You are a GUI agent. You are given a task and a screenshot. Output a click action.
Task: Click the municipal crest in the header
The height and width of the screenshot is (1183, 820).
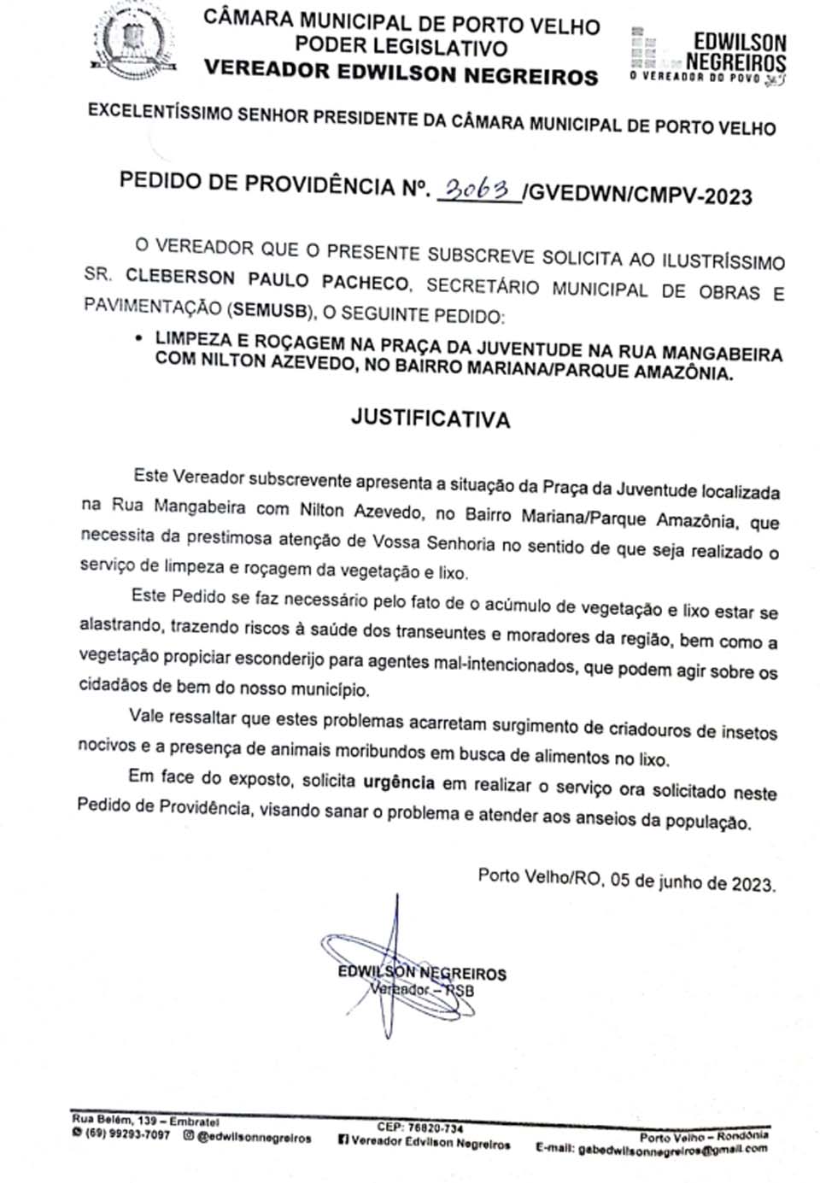click(x=130, y=41)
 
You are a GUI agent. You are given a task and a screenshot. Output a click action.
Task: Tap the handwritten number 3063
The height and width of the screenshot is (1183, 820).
click(x=477, y=189)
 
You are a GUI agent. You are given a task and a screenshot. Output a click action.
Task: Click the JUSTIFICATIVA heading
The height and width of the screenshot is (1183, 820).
click(x=430, y=419)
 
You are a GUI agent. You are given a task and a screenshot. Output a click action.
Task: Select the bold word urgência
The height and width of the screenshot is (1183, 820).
click(x=399, y=782)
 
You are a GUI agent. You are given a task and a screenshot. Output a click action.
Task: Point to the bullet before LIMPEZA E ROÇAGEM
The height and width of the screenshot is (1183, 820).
click(x=138, y=338)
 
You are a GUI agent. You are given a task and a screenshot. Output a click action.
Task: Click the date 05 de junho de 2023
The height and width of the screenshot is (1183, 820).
click(x=693, y=881)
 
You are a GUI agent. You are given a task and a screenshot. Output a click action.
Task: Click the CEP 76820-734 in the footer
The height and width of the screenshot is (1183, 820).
click(x=420, y=1127)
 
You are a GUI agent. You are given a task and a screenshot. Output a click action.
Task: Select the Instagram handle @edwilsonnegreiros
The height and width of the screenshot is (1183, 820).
click(x=254, y=1137)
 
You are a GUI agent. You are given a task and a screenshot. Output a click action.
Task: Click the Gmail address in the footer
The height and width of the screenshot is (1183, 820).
click(x=673, y=1150)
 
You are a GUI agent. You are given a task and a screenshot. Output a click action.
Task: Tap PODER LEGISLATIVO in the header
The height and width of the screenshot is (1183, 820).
click(x=401, y=47)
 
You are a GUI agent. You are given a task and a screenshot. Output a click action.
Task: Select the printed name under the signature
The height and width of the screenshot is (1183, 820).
click(x=422, y=973)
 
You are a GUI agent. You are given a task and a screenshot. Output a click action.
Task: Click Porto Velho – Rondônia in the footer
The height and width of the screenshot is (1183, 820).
click(x=703, y=1136)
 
